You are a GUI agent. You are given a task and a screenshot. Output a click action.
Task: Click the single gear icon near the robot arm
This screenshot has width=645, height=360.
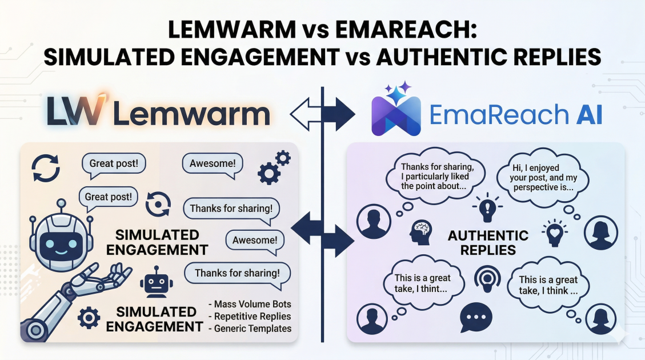coord(89,317)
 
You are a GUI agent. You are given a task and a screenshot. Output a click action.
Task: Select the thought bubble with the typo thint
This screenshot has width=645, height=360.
coord(423,283)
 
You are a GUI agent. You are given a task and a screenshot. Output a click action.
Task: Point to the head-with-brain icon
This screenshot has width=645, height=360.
coord(420,233)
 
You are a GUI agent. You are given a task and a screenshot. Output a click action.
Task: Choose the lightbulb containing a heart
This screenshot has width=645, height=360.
coord(554,232)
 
